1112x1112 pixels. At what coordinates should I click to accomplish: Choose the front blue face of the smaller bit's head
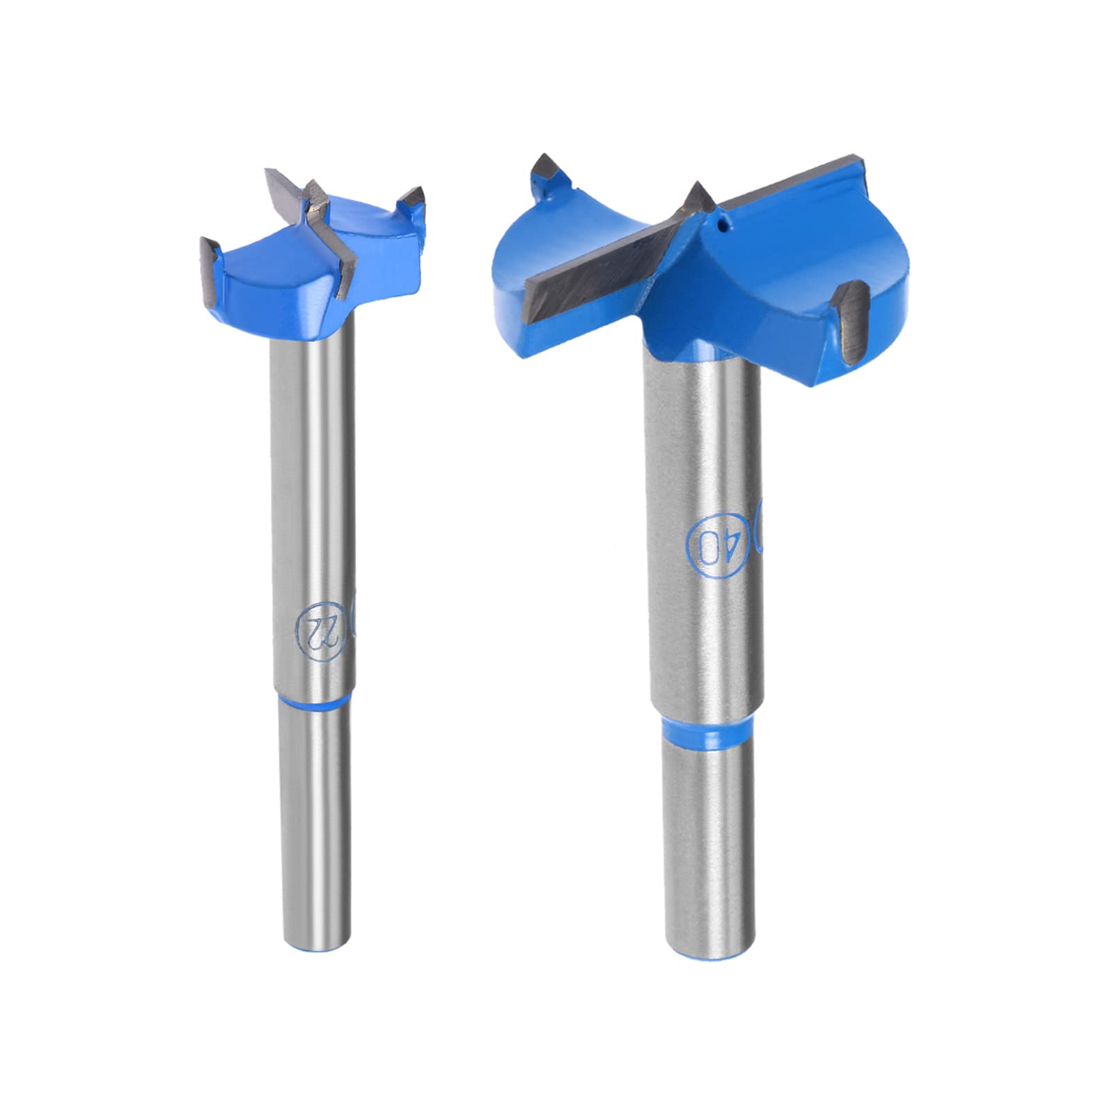pyautogui.click(x=278, y=288)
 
